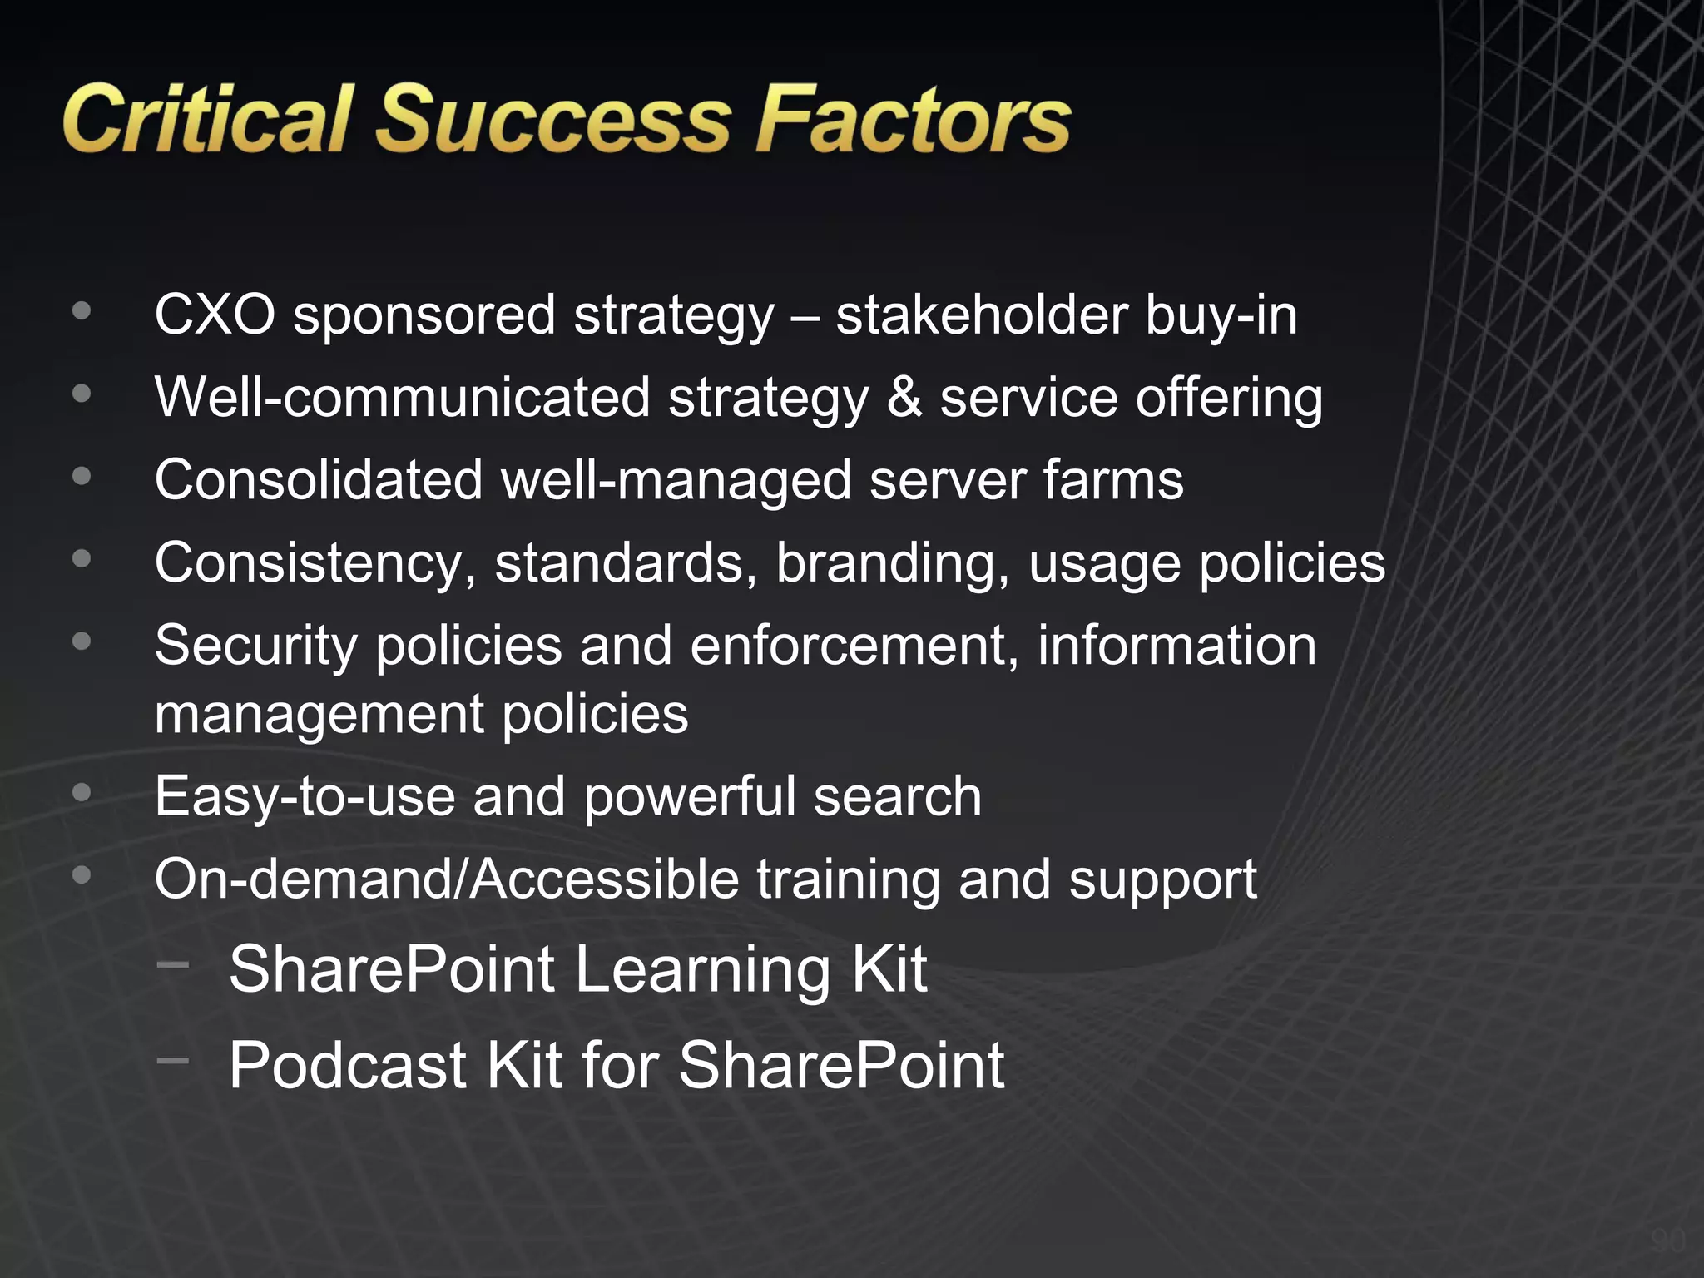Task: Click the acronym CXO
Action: pos(215,315)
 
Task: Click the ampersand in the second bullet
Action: pos(904,397)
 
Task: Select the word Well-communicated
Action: pos(402,397)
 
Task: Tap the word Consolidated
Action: pos(319,480)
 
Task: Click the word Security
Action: pos(255,645)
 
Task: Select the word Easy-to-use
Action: pos(305,796)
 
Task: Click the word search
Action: pos(898,796)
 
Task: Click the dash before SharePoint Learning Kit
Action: pos(173,964)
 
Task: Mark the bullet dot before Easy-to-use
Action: pos(82,792)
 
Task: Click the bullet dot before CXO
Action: pos(82,310)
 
